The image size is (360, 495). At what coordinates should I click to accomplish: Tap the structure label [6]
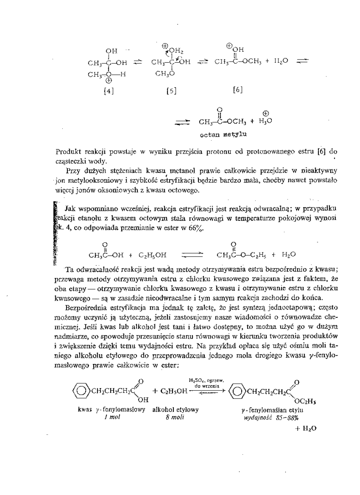pos(238,90)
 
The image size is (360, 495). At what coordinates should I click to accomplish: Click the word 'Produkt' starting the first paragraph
pos(69,151)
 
